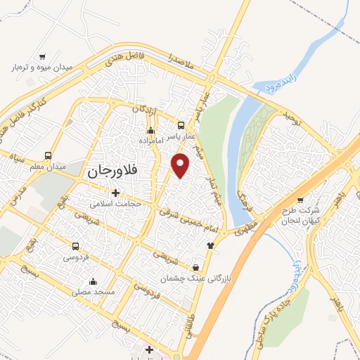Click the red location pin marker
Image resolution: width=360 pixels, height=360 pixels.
[181, 165]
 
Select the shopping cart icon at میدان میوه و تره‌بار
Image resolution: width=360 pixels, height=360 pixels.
[42, 56]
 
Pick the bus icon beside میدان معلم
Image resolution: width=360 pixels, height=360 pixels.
[48, 155]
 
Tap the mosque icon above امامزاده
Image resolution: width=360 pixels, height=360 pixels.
[150, 130]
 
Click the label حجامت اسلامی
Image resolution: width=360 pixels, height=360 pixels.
[116, 204]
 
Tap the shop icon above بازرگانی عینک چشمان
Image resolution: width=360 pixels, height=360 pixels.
[195, 267]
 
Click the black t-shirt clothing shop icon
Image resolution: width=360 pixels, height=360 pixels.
[210, 245]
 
